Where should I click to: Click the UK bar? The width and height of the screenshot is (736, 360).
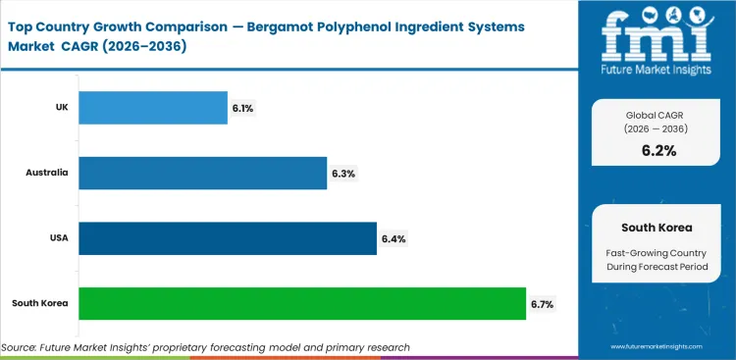(x=152, y=108)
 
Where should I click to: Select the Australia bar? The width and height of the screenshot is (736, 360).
(x=201, y=173)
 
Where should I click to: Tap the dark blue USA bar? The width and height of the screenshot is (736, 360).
(x=227, y=238)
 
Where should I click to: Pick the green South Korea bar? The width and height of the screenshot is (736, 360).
(x=301, y=304)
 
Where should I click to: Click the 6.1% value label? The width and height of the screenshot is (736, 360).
(x=242, y=108)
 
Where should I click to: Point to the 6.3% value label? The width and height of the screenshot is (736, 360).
(x=343, y=174)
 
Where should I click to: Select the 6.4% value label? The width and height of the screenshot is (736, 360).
(x=394, y=238)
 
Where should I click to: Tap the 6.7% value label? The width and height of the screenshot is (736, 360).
(x=542, y=304)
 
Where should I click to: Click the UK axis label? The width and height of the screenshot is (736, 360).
(x=61, y=108)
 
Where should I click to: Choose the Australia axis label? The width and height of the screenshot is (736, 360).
(x=47, y=173)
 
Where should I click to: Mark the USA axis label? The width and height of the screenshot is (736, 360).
(x=57, y=238)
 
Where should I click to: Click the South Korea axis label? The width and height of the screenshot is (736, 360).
(x=41, y=304)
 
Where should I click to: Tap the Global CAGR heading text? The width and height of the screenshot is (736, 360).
(x=657, y=116)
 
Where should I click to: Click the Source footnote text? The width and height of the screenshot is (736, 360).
(x=206, y=346)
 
